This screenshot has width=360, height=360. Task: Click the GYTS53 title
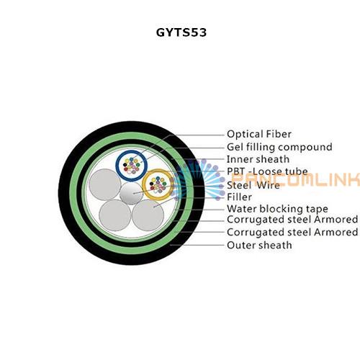(x=181, y=32)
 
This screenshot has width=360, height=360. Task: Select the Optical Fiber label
(x=259, y=134)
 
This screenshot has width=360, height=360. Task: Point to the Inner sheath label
(x=258, y=159)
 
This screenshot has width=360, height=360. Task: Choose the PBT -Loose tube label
(x=267, y=171)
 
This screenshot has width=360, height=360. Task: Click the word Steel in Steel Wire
(x=239, y=185)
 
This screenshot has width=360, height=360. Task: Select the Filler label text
(x=239, y=197)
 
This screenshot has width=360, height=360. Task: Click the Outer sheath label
(x=259, y=245)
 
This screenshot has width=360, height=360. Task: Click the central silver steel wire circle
(x=131, y=193)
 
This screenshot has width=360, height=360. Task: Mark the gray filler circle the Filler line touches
(x=148, y=215)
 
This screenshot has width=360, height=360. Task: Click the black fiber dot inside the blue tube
(x=125, y=165)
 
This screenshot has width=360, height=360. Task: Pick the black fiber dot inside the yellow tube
(x=151, y=184)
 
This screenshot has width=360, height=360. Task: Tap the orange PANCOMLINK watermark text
(x=296, y=179)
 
